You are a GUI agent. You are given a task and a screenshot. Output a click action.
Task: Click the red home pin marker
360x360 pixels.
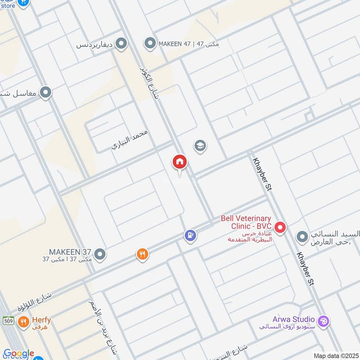[x=180, y=162]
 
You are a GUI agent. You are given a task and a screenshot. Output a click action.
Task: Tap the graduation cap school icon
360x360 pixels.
[x=200, y=146]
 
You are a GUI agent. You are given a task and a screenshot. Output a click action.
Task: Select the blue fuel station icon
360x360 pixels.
[x=190, y=235]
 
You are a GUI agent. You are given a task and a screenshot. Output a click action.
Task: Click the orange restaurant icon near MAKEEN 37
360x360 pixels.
[x=142, y=255]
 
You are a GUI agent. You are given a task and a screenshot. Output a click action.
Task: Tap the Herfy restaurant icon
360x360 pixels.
[x=23, y=322]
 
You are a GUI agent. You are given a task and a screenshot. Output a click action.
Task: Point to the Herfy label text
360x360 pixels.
[x=40, y=320]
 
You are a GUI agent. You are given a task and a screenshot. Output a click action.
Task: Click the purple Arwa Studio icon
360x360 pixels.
[x=323, y=322]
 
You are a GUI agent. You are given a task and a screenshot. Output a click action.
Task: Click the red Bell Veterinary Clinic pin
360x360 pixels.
[x=280, y=228]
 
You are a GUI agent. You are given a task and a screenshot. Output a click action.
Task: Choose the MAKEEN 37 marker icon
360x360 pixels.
[x=100, y=254]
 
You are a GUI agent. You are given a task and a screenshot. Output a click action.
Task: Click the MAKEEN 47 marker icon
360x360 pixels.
[x=149, y=44]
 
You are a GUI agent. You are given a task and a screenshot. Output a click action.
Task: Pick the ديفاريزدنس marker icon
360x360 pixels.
[x=121, y=44]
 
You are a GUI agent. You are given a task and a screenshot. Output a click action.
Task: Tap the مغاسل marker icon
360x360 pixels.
[x=45, y=93]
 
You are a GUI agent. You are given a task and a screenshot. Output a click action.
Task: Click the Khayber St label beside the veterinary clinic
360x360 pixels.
[x=261, y=174]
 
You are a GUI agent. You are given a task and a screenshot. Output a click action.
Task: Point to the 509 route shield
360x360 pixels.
[x=8, y=321]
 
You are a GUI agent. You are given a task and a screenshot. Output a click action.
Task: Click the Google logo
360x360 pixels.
[x=18, y=354]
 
